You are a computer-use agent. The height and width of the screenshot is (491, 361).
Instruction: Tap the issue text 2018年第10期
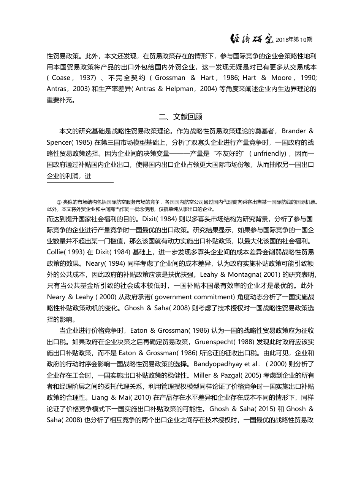(x=294, y=39)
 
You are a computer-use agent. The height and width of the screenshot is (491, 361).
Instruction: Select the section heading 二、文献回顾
(x=180, y=116)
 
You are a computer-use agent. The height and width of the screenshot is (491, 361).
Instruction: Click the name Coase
(x=61, y=78)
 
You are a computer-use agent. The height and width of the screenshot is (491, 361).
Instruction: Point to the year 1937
(x=87, y=78)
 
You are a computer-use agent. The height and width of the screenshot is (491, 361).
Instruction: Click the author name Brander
(x=294, y=131)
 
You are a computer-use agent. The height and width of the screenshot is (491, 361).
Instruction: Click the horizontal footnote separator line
(x=80, y=182)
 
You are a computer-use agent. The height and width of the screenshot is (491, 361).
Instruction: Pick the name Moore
(x=281, y=78)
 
